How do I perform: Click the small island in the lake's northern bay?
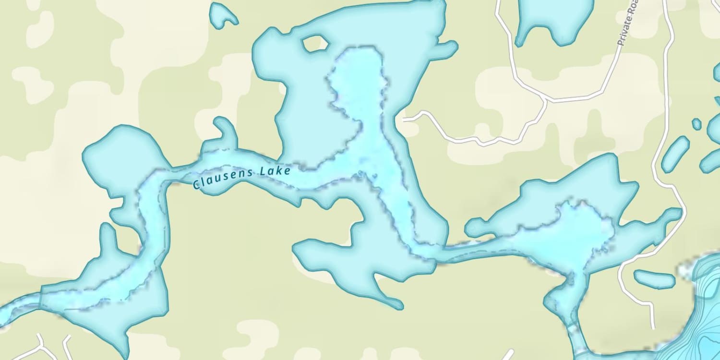[x=314, y=44]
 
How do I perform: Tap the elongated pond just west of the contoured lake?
[x=654, y=278]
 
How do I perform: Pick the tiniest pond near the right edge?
[x=696, y=124]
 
